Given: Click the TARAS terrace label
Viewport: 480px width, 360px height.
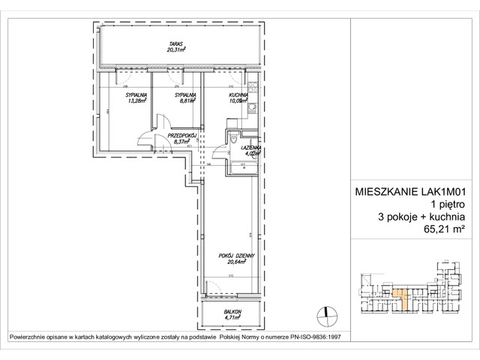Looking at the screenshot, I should tap(177, 43).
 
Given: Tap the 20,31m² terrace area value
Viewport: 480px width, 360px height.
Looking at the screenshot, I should tap(177, 50).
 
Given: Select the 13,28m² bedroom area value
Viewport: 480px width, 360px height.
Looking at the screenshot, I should tap(136, 103).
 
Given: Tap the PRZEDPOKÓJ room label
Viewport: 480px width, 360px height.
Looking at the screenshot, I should tap(181, 135).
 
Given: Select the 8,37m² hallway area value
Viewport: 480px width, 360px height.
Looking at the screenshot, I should tap(181, 141).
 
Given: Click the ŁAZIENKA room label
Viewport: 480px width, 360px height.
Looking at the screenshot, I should tap(250, 148).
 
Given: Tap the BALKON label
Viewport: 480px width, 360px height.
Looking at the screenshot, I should tap(232, 310).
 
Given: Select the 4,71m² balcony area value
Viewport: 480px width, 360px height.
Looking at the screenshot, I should tap(232, 317).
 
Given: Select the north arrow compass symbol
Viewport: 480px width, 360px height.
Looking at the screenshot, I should tap(324, 313).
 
